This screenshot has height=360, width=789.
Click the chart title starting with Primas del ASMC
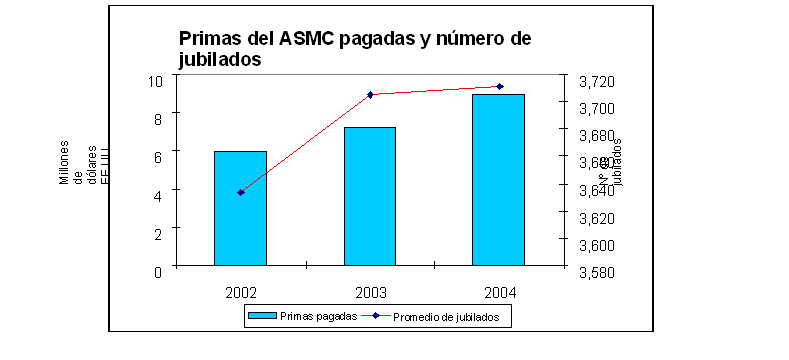tap(354, 49)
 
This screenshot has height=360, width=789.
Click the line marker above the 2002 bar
tap(241, 192)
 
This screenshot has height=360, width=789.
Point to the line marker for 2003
tap(370, 95)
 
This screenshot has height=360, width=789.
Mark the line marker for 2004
tap(499, 87)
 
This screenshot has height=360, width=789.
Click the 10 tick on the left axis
tap(155, 81)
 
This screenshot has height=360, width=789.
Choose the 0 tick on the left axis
tap(158, 271)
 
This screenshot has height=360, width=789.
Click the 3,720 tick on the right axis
tap(598, 81)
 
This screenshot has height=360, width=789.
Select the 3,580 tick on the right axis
tap(598, 271)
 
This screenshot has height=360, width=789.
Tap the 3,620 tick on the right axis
tap(598, 217)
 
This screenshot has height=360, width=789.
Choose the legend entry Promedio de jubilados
tap(452, 317)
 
